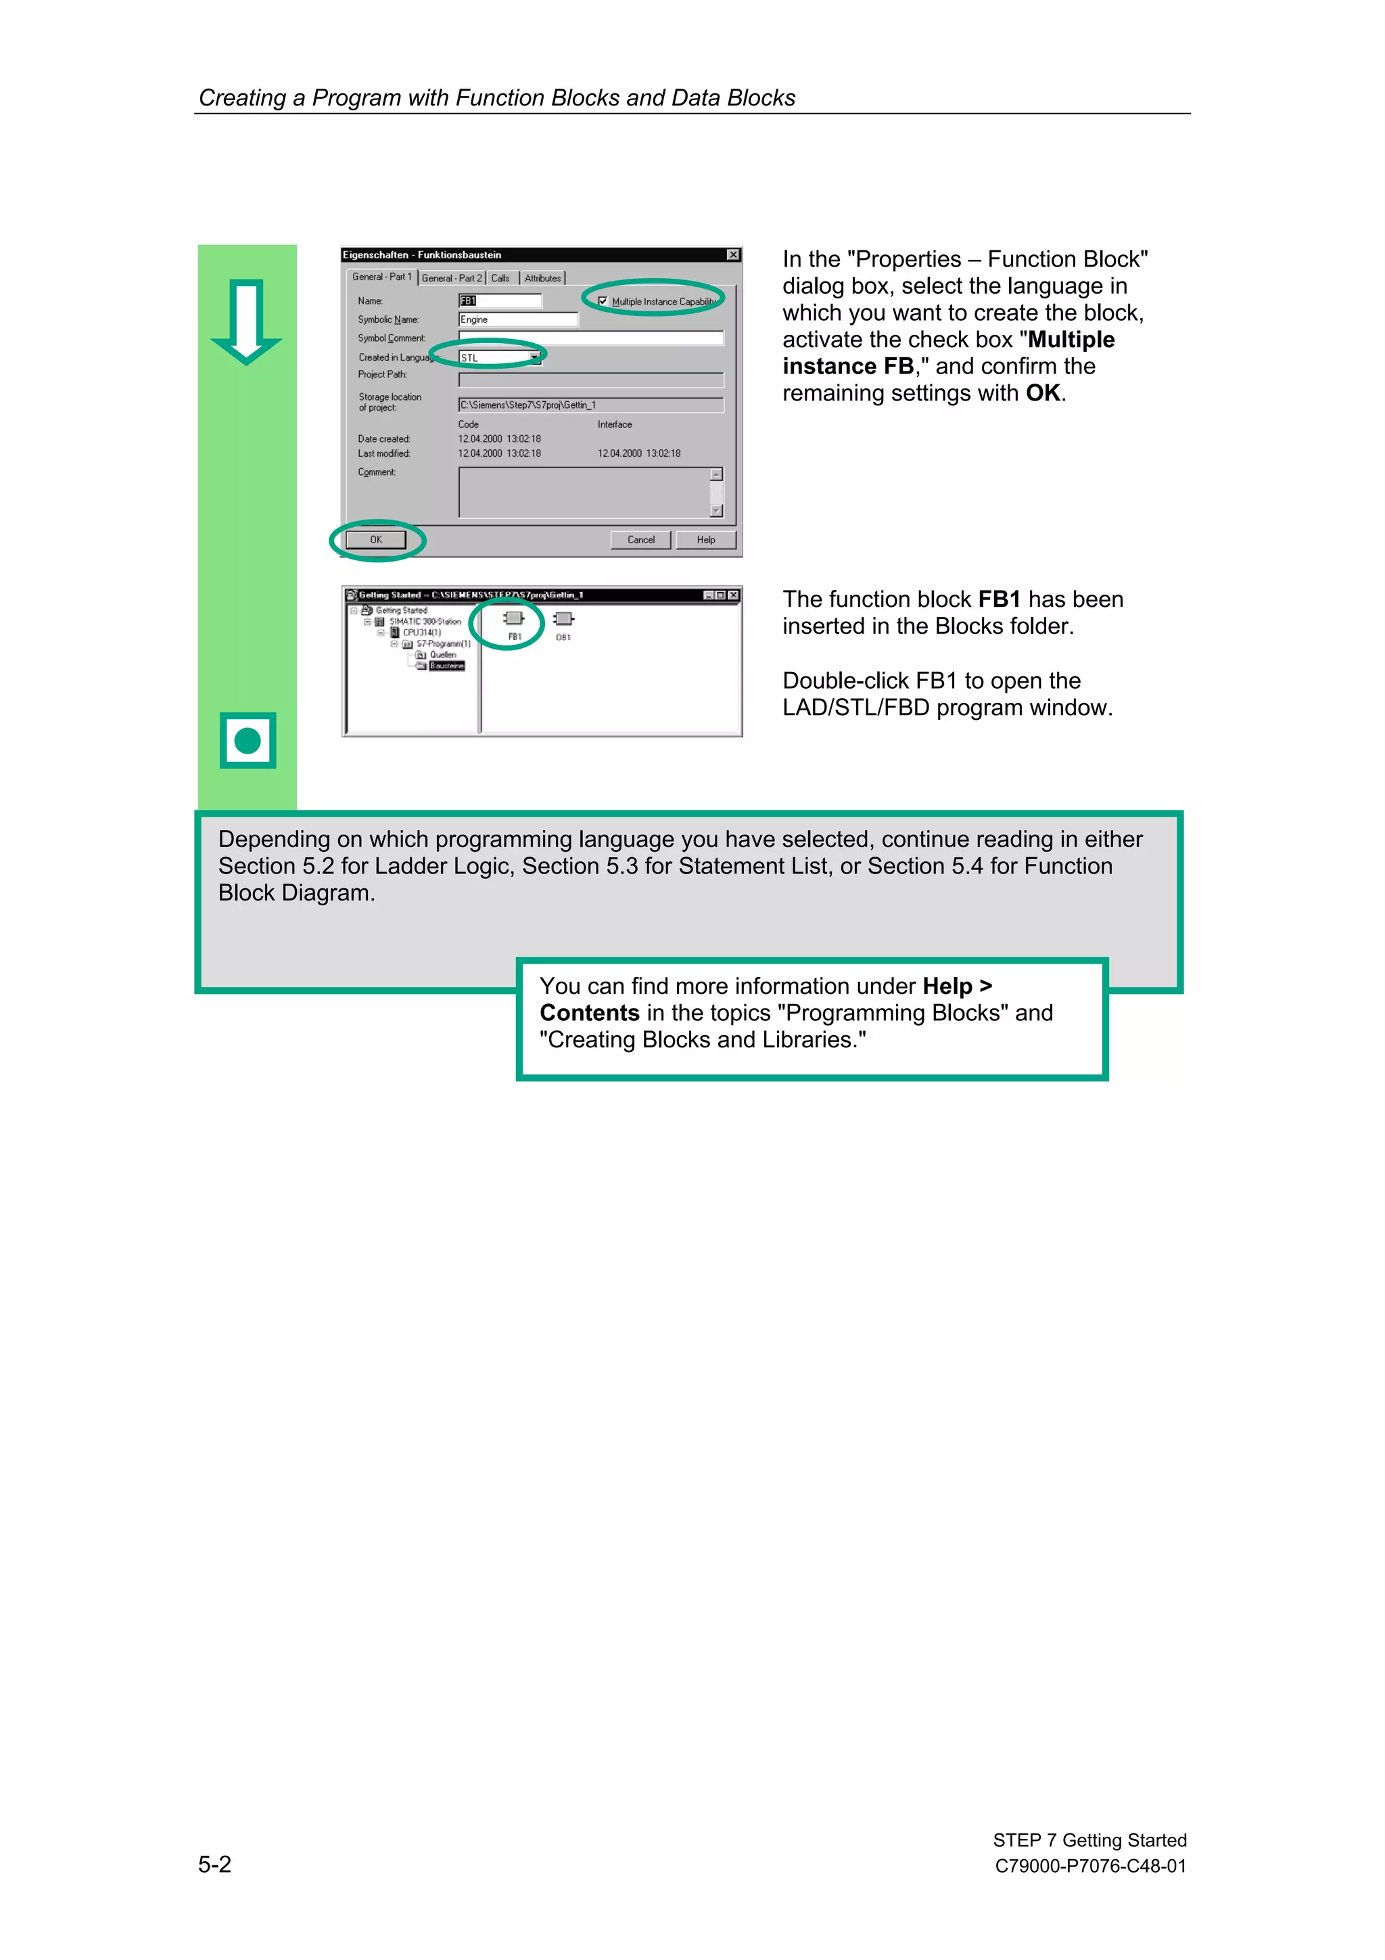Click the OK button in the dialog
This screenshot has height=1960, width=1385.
click(x=375, y=539)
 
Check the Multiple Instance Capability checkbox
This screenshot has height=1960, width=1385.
click(x=603, y=301)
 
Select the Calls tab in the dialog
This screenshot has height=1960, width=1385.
click(x=500, y=278)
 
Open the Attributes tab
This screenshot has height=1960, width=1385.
click(x=543, y=278)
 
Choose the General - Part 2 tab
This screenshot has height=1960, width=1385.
click(x=452, y=278)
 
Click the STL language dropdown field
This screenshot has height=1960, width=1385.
click(x=499, y=358)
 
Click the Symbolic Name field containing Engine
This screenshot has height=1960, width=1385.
click(x=517, y=319)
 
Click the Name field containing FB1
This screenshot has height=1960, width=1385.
click(x=499, y=300)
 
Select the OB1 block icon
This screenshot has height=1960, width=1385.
click(x=563, y=620)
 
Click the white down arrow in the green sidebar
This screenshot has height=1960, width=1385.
click(x=247, y=320)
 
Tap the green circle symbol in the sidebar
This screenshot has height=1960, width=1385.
click(x=248, y=740)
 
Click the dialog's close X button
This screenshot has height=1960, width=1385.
click(x=732, y=255)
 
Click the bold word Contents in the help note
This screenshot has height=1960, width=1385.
click(x=589, y=1013)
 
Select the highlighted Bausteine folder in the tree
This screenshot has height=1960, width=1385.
click(x=446, y=666)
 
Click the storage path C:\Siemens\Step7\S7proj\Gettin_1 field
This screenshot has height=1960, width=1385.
click(x=590, y=405)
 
